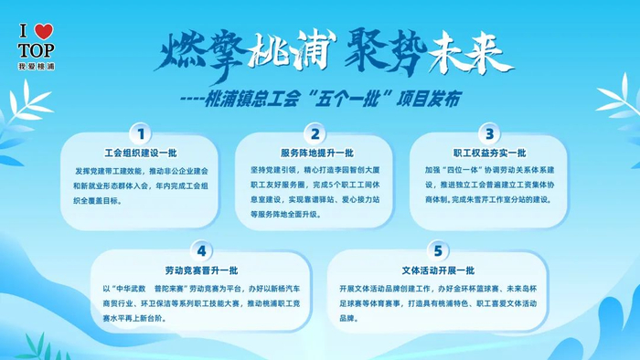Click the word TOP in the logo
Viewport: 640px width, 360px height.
pyautogui.click(x=37, y=50)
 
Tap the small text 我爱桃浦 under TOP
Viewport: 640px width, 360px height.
pyautogui.click(x=37, y=67)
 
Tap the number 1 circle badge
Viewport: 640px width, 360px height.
pyautogui.click(x=140, y=134)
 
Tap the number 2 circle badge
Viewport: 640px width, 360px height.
pyautogui.click(x=315, y=134)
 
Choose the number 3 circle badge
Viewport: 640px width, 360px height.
pyautogui.click(x=490, y=134)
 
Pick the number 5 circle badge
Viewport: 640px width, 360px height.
pyautogui.click(x=438, y=249)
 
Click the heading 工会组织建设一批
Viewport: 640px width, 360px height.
pyautogui.click(x=140, y=154)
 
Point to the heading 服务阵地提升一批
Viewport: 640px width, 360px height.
pyautogui.click(x=316, y=154)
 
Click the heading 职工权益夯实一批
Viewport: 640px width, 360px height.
pyautogui.click(x=489, y=154)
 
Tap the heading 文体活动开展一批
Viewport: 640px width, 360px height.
pyautogui.click(x=438, y=270)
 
